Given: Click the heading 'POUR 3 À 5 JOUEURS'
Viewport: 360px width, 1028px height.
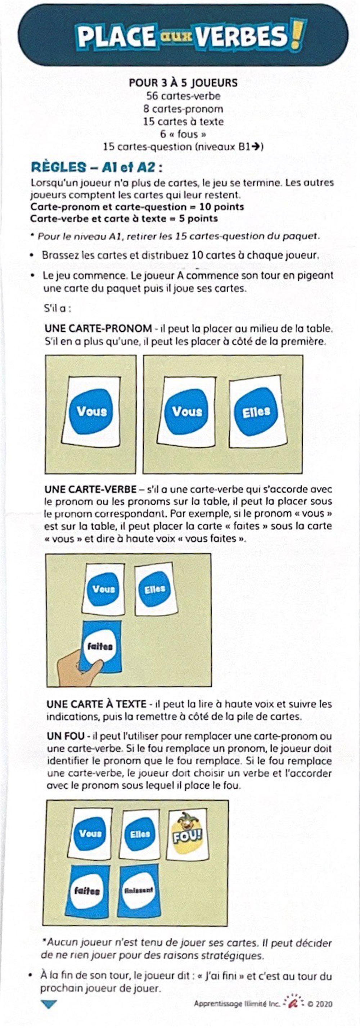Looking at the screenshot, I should (x=183, y=83).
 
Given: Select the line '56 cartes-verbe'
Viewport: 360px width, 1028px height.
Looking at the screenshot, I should (x=183, y=96).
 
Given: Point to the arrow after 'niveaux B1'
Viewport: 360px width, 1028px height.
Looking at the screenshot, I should (x=258, y=147).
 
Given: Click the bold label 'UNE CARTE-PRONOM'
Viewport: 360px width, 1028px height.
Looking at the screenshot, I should (x=98, y=329).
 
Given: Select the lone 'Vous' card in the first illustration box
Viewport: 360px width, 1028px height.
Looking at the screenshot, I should (x=92, y=411).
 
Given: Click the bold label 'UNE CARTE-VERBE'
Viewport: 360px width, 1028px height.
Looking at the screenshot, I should (x=91, y=489).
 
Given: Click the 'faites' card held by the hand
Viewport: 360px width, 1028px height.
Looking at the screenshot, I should (x=101, y=646).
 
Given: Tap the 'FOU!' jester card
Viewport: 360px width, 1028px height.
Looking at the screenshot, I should (x=188, y=834).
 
